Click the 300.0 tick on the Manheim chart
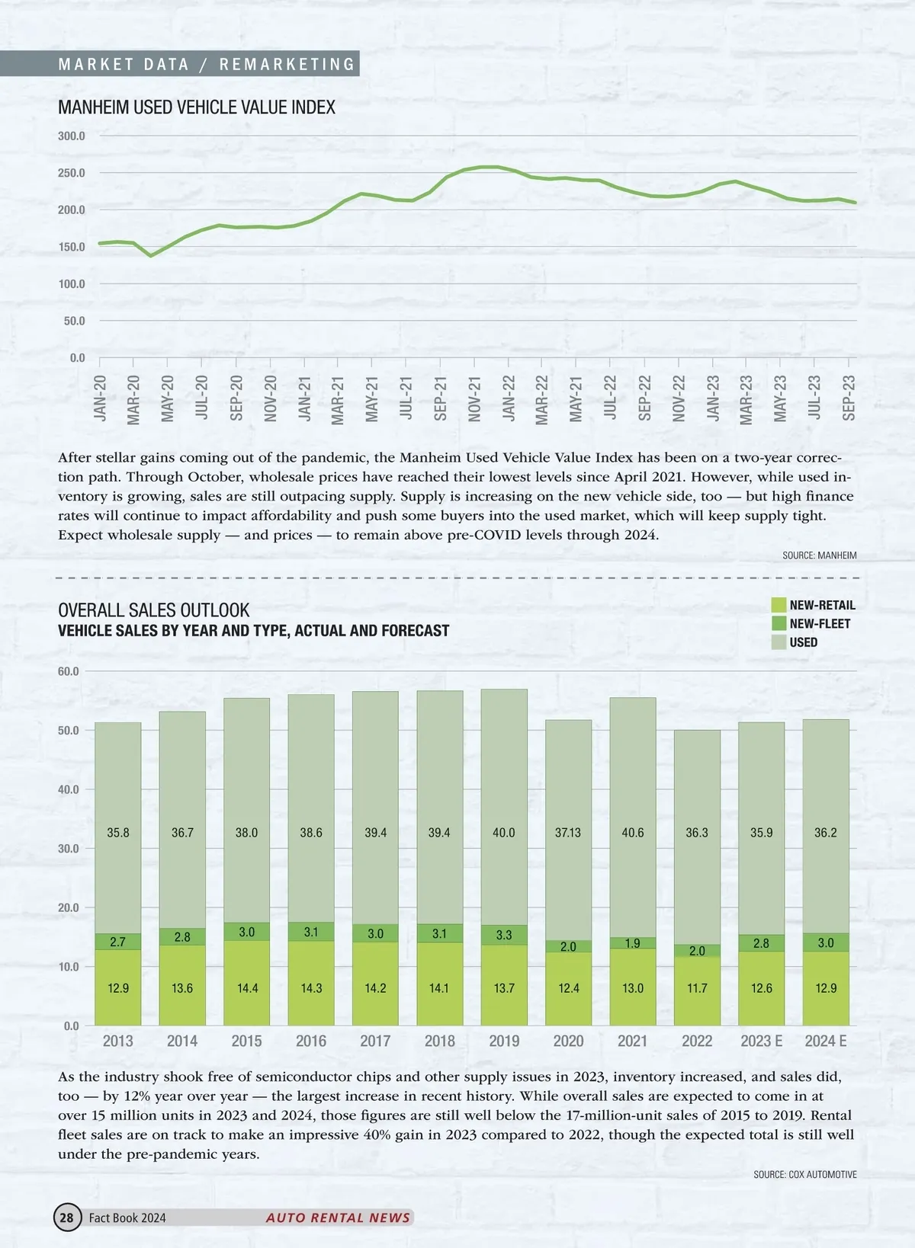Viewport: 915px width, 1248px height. [x=72, y=136]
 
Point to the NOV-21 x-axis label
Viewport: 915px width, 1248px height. [x=474, y=398]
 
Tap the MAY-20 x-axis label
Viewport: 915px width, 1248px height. [x=168, y=398]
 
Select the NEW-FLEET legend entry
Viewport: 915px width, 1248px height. [x=820, y=623]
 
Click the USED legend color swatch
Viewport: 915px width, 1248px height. [x=779, y=642]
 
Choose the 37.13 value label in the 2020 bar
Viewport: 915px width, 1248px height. [x=568, y=833]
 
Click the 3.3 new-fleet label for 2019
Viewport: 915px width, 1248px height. [x=504, y=935]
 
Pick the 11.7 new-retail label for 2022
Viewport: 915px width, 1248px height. [x=697, y=988]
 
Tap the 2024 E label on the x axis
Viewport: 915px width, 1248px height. [x=826, y=1041]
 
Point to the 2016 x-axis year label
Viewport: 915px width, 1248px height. [x=311, y=1041]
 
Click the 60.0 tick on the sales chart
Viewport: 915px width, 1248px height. [x=69, y=671]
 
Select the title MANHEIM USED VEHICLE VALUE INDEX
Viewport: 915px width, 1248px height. [x=197, y=107]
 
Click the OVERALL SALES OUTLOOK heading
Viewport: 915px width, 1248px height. [x=154, y=610]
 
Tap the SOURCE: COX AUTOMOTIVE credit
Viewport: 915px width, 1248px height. [x=804, y=1175]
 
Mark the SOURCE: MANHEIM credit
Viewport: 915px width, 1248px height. [x=819, y=555]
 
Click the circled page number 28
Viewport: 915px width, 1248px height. [x=67, y=1218]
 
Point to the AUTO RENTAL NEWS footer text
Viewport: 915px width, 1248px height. [x=338, y=1218]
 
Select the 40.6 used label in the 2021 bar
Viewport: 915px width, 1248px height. [x=633, y=833]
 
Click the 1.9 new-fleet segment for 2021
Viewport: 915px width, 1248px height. [x=633, y=943]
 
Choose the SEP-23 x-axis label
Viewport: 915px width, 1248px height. [x=849, y=398]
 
